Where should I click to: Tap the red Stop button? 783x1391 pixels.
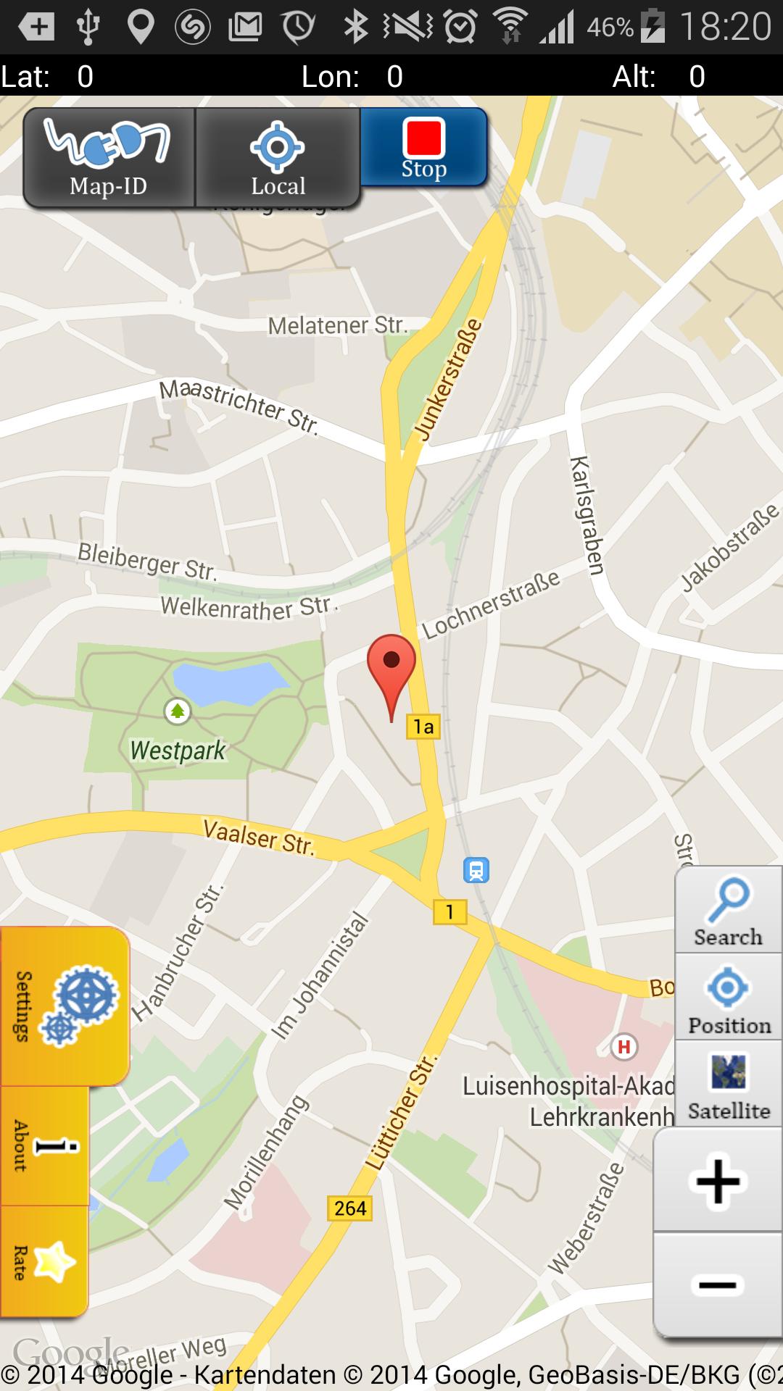tap(423, 147)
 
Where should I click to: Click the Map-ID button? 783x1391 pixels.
tap(109, 158)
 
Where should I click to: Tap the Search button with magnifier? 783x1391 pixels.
tap(728, 911)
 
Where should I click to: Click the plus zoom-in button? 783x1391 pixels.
tap(718, 1182)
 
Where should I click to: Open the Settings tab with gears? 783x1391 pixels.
tap(65, 1006)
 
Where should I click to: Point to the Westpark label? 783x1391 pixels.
tap(178, 751)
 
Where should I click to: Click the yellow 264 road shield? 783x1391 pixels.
tap(350, 1208)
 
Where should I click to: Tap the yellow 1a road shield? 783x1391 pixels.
tap(423, 727)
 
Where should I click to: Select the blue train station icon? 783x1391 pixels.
tap(476, 870)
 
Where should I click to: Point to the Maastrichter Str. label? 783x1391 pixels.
tap(239, 406)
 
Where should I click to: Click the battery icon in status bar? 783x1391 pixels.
tap(652, 28)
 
